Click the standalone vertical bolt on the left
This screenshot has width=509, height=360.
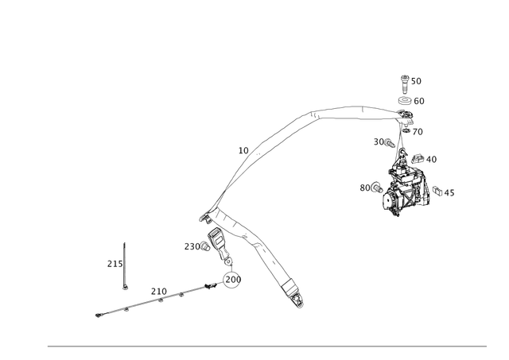pos(124,262)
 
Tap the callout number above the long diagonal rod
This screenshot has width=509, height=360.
pos(157,289)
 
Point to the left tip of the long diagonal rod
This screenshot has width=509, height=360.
pos(97,316)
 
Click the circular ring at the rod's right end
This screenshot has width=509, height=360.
pos(233,278)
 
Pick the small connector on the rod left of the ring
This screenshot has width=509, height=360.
pos(209,285)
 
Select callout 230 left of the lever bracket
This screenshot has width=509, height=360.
pos(191,246)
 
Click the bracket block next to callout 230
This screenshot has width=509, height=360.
pos(216,238)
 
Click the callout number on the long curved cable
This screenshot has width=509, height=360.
pos(243,149)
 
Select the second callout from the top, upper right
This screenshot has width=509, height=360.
pos(416,100)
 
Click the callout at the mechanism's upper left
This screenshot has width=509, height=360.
pos(381,141)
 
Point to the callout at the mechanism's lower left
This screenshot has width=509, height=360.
pos(367,188)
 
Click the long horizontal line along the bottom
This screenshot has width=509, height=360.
pos(266,346)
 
